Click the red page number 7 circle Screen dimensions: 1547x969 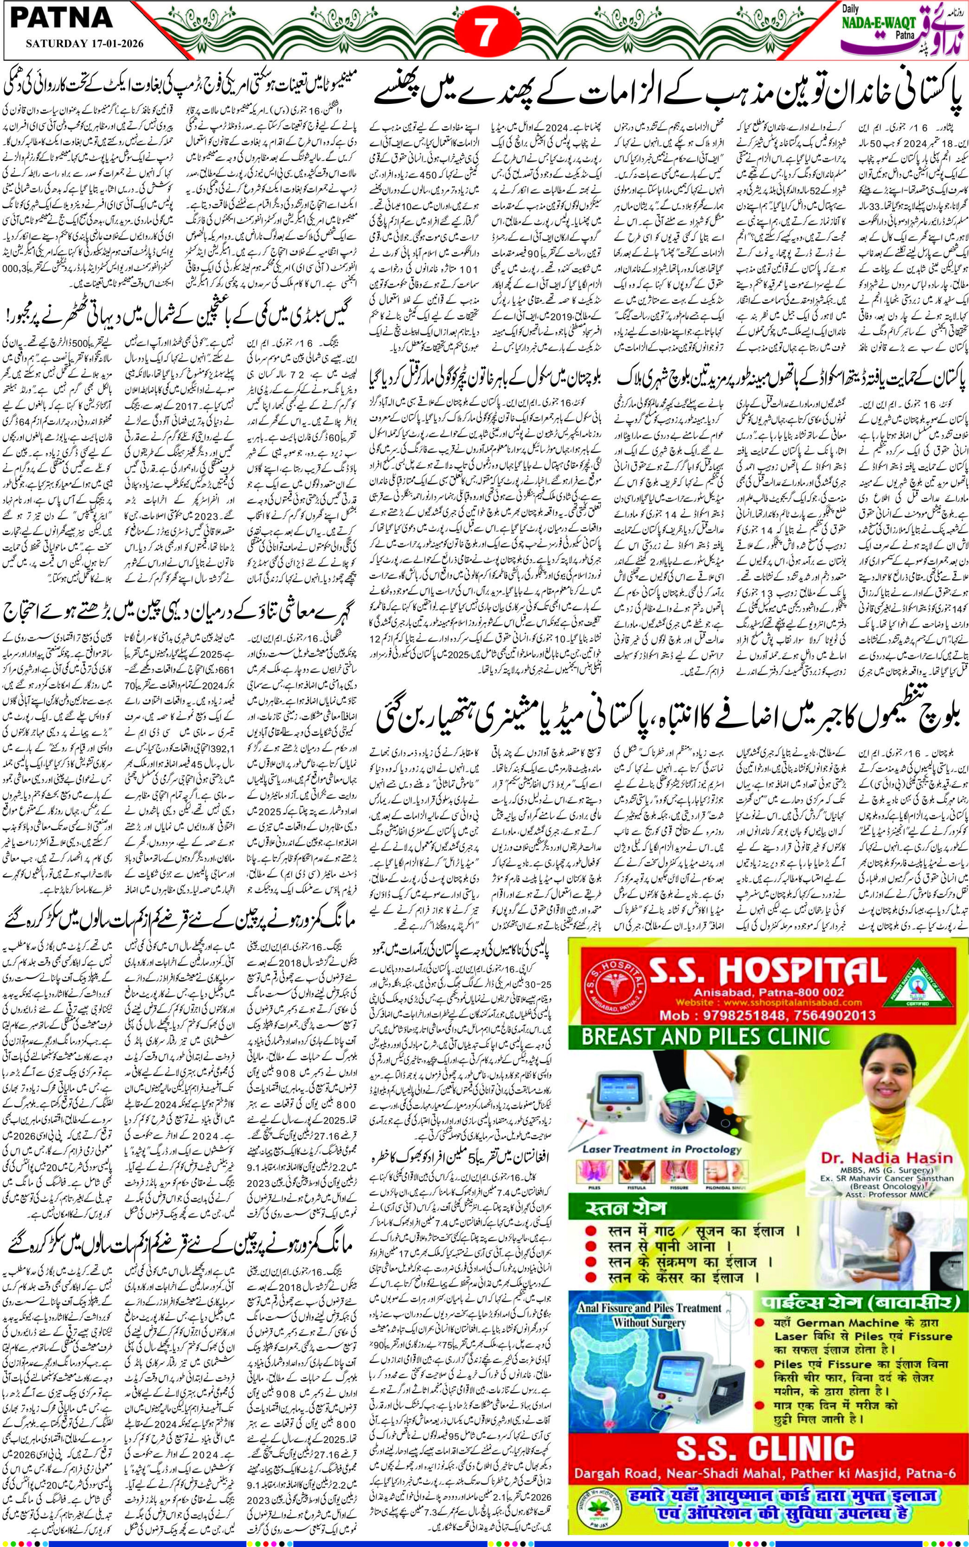(x=484, y=32)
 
